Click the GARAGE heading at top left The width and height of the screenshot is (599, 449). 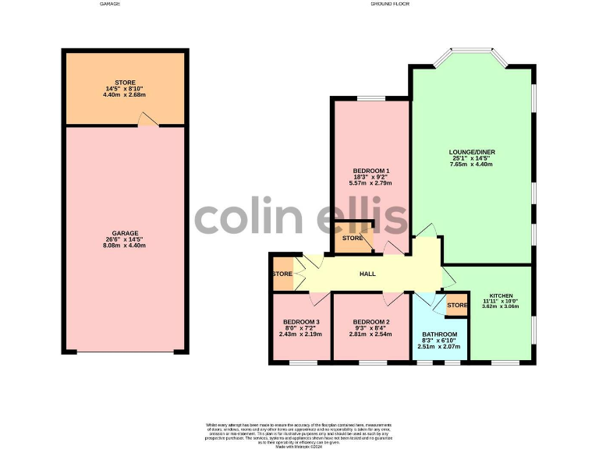tap(110, 4)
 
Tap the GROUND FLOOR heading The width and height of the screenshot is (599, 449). tap(391, 4)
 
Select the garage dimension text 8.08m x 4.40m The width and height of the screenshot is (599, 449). tap(125, 246)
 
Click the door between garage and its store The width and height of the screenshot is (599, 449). tap(146, 120)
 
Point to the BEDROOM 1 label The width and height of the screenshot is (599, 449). tap(371, 171)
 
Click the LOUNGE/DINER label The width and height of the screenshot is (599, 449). tap(472, 152)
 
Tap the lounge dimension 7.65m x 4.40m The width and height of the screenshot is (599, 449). tap(472, 164)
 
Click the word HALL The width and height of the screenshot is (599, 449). tap(367, 274)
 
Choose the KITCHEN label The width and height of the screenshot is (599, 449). tap(502, 295)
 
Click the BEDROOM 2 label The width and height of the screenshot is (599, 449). tap(370, 322)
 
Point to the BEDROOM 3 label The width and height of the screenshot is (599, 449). tap(300, 322)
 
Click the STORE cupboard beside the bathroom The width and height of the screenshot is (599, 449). tap(456, 305)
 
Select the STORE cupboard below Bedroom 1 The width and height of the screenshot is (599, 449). tap(353, 238)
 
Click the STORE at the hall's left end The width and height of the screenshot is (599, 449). tap(282, 274)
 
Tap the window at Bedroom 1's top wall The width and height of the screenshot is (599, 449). tap(370, 98)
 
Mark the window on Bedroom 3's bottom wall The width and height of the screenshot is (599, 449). tap(300, 362)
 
